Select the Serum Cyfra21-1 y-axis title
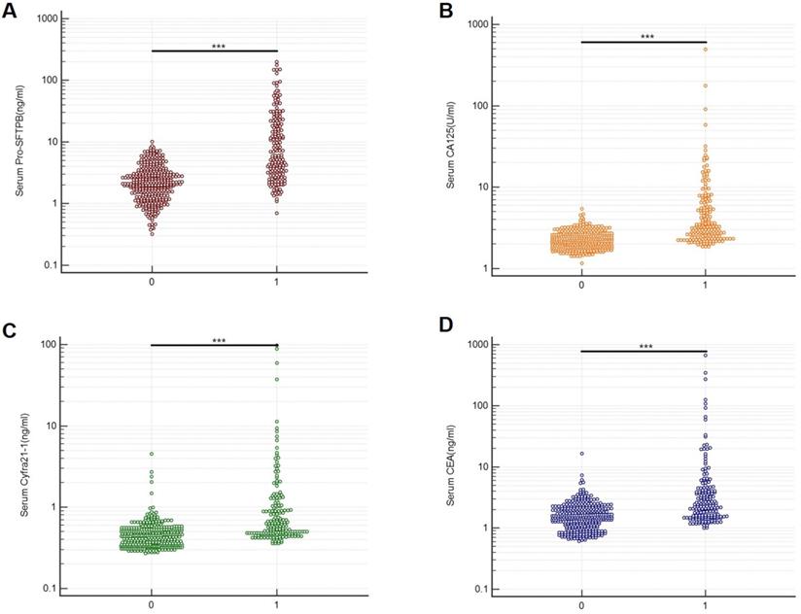[19, 466]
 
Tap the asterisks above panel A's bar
[216, 46]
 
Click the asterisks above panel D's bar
[644, 346]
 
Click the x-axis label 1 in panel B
[706, 287]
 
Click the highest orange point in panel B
[706, 50]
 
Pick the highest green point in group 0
[152, 454]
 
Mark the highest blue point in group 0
[581, 454]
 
